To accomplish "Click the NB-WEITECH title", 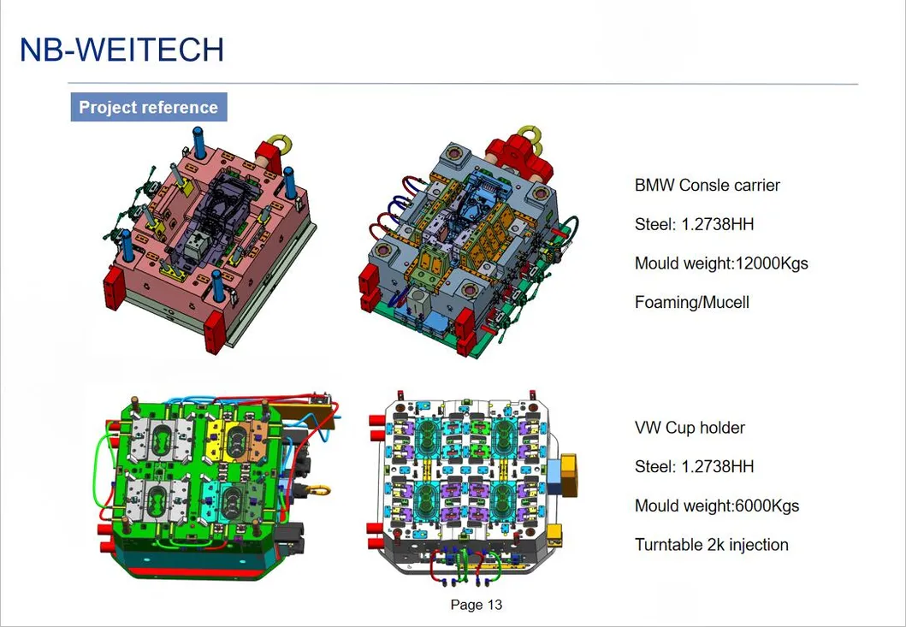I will tap(121, 50).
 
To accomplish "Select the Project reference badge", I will tap(148, 108).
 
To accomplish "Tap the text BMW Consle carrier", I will tap(707, 185).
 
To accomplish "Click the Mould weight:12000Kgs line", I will tap(720, 263).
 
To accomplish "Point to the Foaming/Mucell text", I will tap(691, 302).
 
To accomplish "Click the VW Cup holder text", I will tap(690, 428).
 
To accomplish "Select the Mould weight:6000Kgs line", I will tap(716, 506).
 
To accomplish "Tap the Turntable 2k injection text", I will tap(711, 545).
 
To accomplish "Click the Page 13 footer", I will tap(476, 605).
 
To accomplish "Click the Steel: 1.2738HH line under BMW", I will tap(694, 224).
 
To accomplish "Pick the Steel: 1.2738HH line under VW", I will tap(694, 466).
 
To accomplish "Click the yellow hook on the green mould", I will tap(318, 489).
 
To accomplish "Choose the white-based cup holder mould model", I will tap(466, 488).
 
